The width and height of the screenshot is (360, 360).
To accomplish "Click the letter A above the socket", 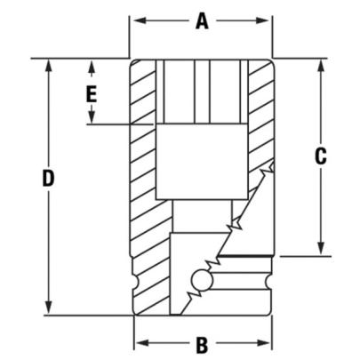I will pos(202,22).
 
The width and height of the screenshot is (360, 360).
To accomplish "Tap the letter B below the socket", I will pos(202,342).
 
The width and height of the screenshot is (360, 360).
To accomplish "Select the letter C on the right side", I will pos(321,156).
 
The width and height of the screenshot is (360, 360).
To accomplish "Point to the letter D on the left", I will pos(49,179).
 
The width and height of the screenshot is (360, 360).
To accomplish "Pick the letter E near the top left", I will pos(91,92).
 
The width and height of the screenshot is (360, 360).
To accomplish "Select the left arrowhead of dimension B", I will pos(139,342).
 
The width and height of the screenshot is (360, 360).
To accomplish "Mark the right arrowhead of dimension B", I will pos(267,342).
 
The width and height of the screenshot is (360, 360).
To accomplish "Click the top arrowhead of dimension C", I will pos(320,64).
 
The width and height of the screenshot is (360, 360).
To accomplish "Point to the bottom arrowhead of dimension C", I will pos(320,251).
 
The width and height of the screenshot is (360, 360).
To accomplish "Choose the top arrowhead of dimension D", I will pos(49,64).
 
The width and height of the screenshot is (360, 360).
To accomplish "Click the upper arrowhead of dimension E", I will pos(91,64).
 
